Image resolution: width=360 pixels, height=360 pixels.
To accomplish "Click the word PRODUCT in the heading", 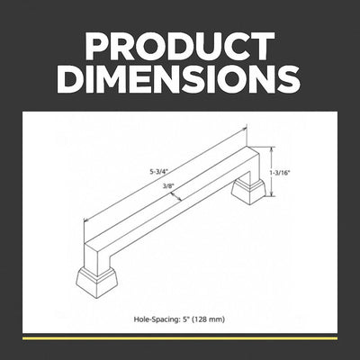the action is click(180, 46).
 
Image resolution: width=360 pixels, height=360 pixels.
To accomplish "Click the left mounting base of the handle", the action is click(97, 282).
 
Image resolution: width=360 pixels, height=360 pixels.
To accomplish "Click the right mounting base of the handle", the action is click(248, 192).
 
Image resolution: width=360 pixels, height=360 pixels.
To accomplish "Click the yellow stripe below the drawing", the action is click(180, 338).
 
